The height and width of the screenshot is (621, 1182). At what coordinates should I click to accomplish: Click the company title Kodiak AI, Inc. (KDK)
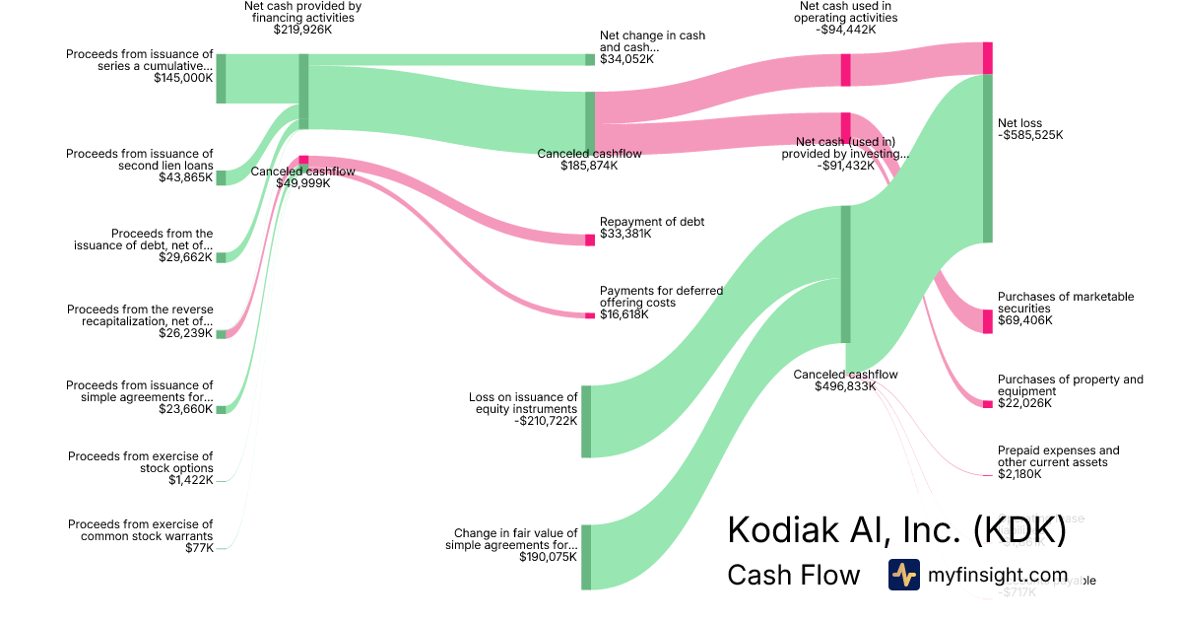point(896,530)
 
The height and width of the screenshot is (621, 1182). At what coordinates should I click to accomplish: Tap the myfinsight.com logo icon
point(903,575)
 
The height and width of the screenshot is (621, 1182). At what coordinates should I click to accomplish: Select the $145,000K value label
point(183,77)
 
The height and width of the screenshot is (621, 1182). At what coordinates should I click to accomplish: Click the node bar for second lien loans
point(222,177)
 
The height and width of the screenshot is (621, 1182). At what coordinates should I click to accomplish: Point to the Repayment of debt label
point(652,222)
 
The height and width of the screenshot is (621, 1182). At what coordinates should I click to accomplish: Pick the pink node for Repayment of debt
point(590,240)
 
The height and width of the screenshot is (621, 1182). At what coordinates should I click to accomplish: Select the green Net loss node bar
point(987,158)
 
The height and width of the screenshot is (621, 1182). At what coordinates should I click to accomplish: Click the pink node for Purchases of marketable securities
point(988,321)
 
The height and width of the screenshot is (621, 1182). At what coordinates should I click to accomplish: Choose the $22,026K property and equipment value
point(1024,403)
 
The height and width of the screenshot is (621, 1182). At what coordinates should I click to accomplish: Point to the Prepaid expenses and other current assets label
point(1058,456)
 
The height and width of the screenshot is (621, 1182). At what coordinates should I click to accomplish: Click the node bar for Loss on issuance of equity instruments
point(586,421)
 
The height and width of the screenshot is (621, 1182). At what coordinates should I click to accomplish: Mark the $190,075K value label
point(549,557)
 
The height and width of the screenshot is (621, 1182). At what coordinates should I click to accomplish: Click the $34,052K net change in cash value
point(626,59)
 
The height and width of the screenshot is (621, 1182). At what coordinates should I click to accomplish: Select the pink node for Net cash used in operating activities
point(845,70)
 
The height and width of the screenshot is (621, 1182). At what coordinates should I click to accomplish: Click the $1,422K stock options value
point(190,480)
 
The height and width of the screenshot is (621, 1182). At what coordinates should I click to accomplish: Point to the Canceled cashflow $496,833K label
point(845,380)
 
